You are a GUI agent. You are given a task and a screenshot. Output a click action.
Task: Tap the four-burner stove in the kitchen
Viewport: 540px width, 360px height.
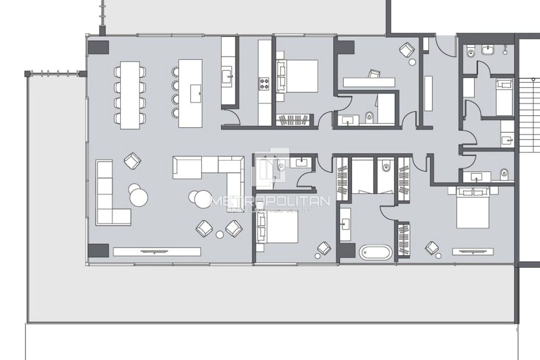(x=264, y=83)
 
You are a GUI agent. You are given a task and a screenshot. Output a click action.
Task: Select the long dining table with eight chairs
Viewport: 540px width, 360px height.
(x=130, y=95)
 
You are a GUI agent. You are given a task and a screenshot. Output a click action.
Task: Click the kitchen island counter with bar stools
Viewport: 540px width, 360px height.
(x=190, y=93)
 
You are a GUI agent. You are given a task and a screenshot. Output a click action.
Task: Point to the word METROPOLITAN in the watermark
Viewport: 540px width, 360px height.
(x=270, y=201)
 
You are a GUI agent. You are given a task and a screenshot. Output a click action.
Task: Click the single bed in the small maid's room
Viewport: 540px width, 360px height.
(x=504, y=97)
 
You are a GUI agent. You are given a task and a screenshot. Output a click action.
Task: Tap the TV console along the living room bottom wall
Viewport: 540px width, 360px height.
(x=157, y=252)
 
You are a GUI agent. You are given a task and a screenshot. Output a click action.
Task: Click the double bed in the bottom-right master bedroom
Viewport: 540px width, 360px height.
(x=473, y=207)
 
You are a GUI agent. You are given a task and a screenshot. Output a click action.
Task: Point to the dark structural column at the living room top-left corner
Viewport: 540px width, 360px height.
(x=98, y=46)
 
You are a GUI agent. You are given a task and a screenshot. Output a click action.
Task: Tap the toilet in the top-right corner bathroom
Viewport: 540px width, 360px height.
(x=472, y=52)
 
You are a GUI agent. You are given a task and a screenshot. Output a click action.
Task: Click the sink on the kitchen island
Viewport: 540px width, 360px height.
(x=196, y=93)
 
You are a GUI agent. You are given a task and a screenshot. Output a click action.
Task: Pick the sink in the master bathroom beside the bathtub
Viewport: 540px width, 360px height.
(x=345, y=224)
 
